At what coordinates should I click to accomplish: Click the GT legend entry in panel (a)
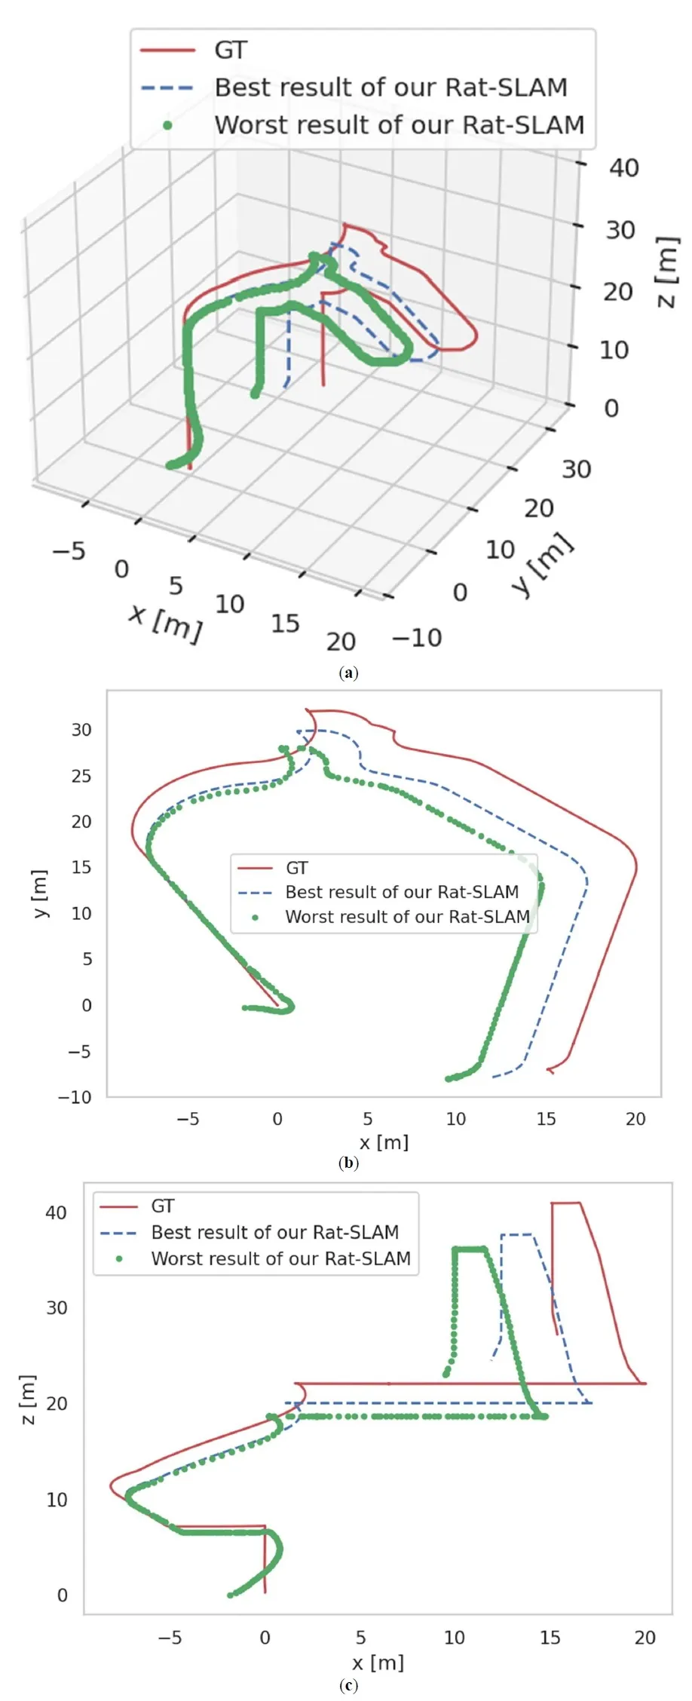point(230,51)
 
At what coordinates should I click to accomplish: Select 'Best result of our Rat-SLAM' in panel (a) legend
point(390,87)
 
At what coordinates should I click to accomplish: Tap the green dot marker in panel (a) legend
point(167,125)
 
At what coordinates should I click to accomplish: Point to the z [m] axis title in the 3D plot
point(667,272)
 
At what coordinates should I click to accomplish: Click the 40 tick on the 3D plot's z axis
point(623,167)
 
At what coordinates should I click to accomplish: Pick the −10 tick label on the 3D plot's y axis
point(417,638)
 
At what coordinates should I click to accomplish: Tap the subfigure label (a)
point(348,673)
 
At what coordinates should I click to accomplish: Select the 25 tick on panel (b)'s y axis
point(81,776)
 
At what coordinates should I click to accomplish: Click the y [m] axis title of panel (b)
point(41,893)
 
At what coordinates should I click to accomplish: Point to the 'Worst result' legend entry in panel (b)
point(407,917)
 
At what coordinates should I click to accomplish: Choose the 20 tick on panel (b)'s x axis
point(635,1119)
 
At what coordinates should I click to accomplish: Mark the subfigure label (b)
point(348,1162)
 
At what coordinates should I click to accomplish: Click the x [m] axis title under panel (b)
point(384,1142)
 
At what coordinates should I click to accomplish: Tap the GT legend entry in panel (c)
point(163,1206)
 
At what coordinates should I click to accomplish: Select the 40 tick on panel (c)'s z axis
point(56,1212)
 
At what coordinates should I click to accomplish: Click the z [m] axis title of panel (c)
point(29,1399)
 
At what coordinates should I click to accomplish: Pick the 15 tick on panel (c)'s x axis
point(550,1638)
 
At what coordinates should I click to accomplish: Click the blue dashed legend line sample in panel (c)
point(118,1233)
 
